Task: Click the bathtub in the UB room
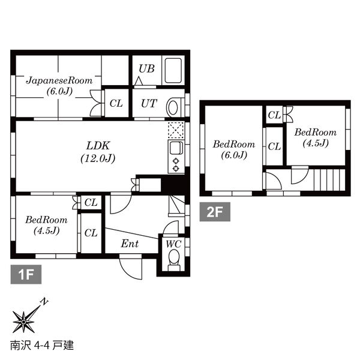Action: (173, 70)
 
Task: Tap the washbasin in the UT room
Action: (172, 107)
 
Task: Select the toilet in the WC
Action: (174, 260)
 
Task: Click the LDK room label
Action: (98, 152)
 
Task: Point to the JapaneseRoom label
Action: (59, 86)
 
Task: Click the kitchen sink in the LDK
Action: (176, 148)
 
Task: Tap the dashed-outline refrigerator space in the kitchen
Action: (176, 130)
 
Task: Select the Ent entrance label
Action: (130, 244)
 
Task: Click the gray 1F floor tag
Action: (26, 274)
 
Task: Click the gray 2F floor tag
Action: (215, 212)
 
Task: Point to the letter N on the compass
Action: (44, 301)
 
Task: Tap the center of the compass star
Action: (23, 322)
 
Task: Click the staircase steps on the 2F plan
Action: (329, 180)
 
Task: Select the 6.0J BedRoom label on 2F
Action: (234, 149)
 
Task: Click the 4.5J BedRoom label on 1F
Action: (46, 225)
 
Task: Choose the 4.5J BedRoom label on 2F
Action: (316, 137)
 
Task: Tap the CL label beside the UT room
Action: (116, 104)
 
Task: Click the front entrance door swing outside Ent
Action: (130, 268)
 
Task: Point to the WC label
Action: (173, 244)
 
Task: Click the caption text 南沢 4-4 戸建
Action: (42, 346)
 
